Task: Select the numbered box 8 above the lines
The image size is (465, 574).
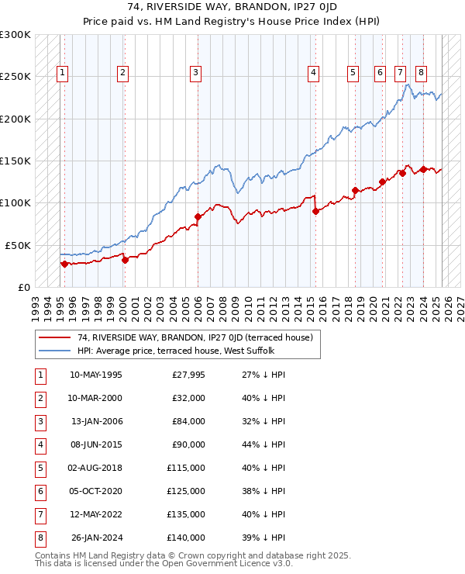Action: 420,73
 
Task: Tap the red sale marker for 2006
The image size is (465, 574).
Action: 198,217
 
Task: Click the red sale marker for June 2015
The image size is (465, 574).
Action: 316,211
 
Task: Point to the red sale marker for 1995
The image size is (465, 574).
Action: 64,264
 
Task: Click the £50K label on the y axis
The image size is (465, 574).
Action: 18,245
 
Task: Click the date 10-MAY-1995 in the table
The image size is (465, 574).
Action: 96,375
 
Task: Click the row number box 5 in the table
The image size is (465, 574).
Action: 39,468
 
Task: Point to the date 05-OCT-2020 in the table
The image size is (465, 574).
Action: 96,491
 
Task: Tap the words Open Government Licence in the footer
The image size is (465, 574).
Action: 222,564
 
